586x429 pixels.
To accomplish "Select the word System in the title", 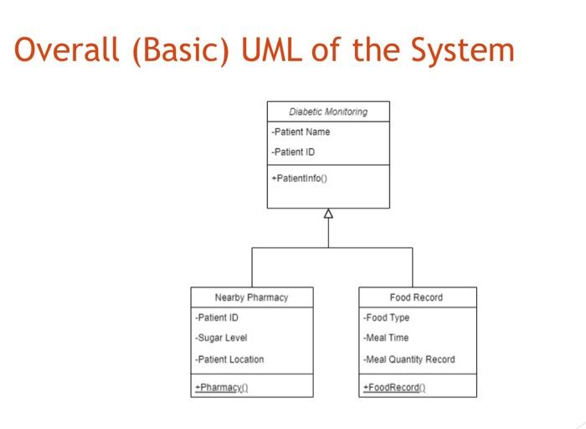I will (463, 51).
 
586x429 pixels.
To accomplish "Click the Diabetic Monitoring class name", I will (328, 112).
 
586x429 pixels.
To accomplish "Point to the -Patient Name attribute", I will (301, 132).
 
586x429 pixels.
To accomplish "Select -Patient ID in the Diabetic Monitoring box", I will (293, 152).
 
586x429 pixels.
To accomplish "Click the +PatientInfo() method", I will (300, 178).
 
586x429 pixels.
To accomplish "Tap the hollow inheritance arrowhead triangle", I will (328, 214).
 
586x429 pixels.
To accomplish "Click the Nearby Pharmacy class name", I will (251, 297).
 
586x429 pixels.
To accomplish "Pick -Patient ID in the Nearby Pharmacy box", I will (217, 318).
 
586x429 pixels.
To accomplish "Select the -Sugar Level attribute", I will (221, 338).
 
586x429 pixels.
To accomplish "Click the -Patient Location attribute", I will (229, 359).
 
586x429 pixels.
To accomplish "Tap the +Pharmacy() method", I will (222, 387).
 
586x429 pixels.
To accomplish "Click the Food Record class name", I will (416, 297).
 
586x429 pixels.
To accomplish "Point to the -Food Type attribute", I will (387, 318).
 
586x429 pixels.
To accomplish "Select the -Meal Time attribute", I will (386, 338).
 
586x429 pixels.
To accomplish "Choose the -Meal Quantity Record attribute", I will (409, 359).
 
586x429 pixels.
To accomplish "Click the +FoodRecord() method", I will (394, 387).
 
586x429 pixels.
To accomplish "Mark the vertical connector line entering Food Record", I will (412, 268).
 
